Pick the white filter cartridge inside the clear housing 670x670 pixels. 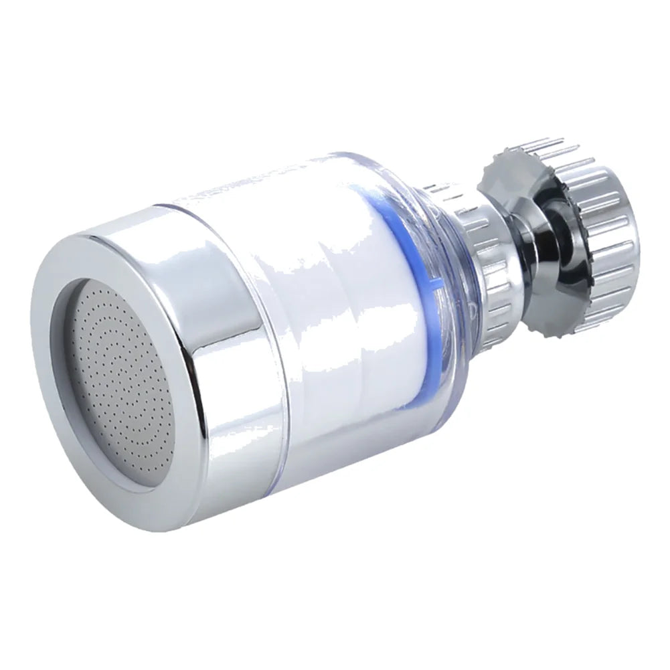335,301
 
